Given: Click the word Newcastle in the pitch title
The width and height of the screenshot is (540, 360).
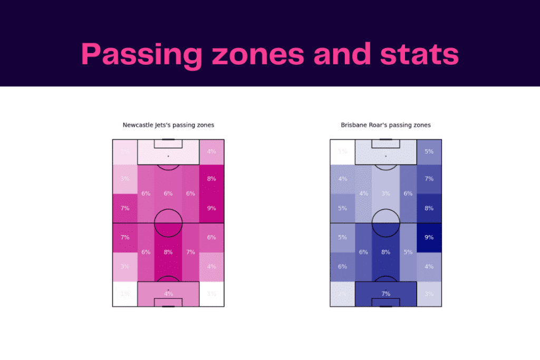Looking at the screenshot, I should [139, 125].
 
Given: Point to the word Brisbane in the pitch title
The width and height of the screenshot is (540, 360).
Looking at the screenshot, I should [354, 125].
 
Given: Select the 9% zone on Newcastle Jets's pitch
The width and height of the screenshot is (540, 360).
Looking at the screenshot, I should [211, 208].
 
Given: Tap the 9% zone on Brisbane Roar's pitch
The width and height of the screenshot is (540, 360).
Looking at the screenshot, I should [429, 237].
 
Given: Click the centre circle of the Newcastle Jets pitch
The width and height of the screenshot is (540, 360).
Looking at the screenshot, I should [168, 223].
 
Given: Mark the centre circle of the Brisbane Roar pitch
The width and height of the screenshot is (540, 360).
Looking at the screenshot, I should [386, 223].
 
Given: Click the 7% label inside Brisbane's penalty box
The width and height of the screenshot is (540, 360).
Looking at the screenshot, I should [386, 293].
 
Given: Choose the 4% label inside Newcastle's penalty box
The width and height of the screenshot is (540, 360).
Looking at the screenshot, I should [168, 294].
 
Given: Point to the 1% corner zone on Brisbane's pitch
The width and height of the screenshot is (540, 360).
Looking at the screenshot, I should [342, 152].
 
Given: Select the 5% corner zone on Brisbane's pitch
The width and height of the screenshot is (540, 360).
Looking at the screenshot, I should [429, 152].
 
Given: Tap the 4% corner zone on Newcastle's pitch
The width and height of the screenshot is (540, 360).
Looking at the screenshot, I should [211, 152].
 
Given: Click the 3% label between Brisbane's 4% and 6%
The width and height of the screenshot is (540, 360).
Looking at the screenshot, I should [386, 193].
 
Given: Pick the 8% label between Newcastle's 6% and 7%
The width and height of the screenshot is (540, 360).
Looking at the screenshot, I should [168, 252].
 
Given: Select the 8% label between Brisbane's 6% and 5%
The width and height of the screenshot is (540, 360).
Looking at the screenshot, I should [386, 252].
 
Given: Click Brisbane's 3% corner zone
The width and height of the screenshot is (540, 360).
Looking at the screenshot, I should [429, 294].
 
